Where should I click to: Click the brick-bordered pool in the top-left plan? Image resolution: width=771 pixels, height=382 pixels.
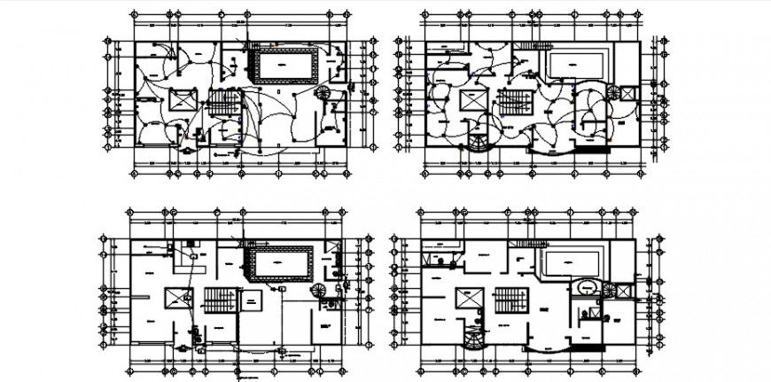[x=284, y=66]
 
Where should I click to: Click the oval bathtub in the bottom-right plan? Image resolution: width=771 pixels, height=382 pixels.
[x=588, y=288]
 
